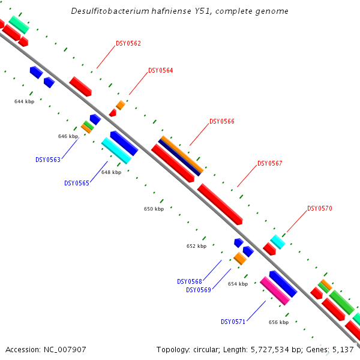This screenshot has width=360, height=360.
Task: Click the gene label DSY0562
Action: coord(128,43)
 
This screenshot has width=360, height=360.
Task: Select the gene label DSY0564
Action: coord(160,70)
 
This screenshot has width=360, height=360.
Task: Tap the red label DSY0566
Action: coord(221,121)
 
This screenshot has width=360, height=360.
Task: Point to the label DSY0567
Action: coord(269,163)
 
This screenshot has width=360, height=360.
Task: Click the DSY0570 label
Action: coord(319,208)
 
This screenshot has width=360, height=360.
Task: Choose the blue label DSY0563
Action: coord(47,160)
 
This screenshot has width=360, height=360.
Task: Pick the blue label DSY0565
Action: coord(76,183)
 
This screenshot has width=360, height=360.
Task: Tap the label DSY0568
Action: coord(189,281)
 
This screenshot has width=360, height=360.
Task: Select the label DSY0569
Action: coord(198,290)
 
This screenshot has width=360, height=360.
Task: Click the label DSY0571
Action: coord(233,322)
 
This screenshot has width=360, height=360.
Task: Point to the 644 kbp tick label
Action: coord(24,101)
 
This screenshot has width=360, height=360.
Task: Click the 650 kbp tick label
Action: coord(154,209)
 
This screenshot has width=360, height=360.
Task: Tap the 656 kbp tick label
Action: coord(278,322)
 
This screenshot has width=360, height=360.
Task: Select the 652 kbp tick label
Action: coord(196,246)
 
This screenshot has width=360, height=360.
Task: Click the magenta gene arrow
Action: coord(274,290)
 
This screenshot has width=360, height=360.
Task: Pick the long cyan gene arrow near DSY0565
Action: coord(116,150)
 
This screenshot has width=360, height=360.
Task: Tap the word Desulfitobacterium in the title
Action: coord(105,11)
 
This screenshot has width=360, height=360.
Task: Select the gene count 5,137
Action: coord(343,349)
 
